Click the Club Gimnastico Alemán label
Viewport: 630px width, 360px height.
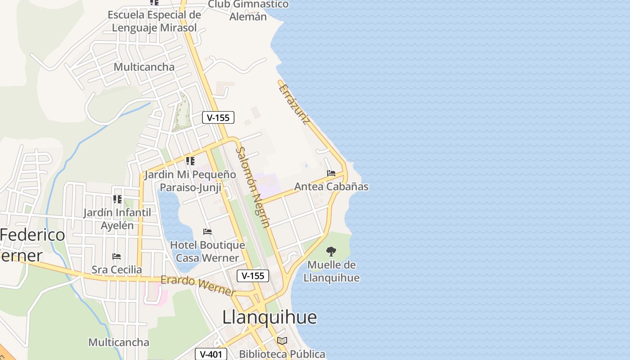click(x=248, y=10)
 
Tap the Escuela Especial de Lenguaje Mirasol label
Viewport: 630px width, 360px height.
click(x=154, y=21)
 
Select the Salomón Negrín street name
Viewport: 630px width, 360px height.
click(x=253, y=187)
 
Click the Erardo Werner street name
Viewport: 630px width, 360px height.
click(x=198, y=286)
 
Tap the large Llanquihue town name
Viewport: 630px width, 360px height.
click(x=270, y=317)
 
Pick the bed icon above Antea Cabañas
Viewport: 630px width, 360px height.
click(x=331, y=173)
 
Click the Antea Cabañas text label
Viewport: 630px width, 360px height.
click(x=331, y=186)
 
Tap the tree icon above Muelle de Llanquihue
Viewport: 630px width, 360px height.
click(x=331, y=251)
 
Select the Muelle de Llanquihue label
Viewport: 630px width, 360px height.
click(x=332, y=271)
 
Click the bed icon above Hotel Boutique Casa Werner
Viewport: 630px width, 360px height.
click(x=207, y=232)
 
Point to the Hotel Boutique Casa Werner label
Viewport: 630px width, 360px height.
click(x=207, y=252)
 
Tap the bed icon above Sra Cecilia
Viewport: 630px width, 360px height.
click(x=117, y=256)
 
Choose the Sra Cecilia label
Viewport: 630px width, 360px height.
click(x=117, y=270)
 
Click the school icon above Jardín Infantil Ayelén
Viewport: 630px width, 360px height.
click(x=117, y=199)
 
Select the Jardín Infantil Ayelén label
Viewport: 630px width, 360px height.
click(x=117, y=219)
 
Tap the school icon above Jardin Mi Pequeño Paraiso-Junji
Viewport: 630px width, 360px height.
click(x=190, y=161)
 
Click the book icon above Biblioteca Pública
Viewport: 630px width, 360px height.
click(x=282, y=341)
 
